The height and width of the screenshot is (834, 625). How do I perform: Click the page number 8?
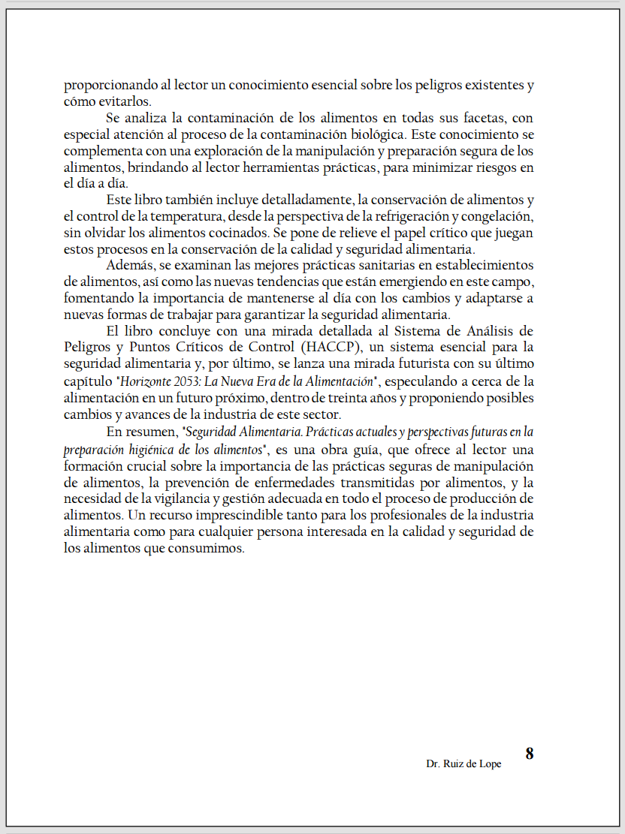point(529,754)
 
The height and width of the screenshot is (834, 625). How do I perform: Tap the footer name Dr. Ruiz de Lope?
point(463,763)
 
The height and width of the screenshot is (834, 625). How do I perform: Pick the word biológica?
point(375,134)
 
